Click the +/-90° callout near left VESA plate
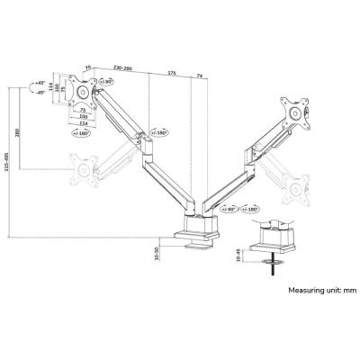click(107, 83)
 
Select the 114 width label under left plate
click(83, 123)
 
